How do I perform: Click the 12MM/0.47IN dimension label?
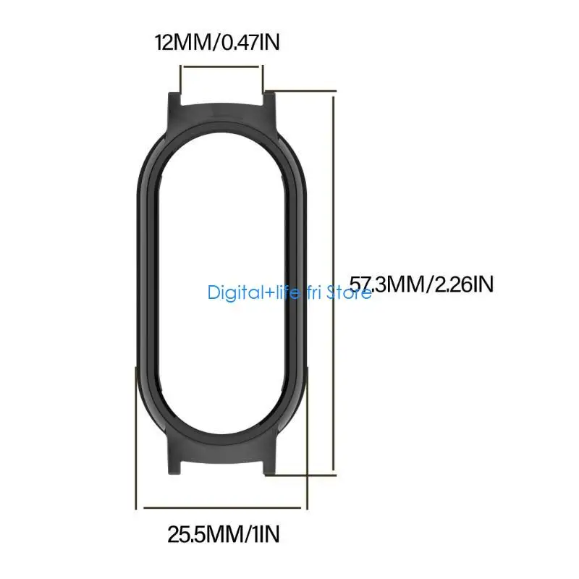pyautogui.click(x=217, y=43)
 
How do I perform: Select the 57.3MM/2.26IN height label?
pyautogui.click(x=422, y=283)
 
